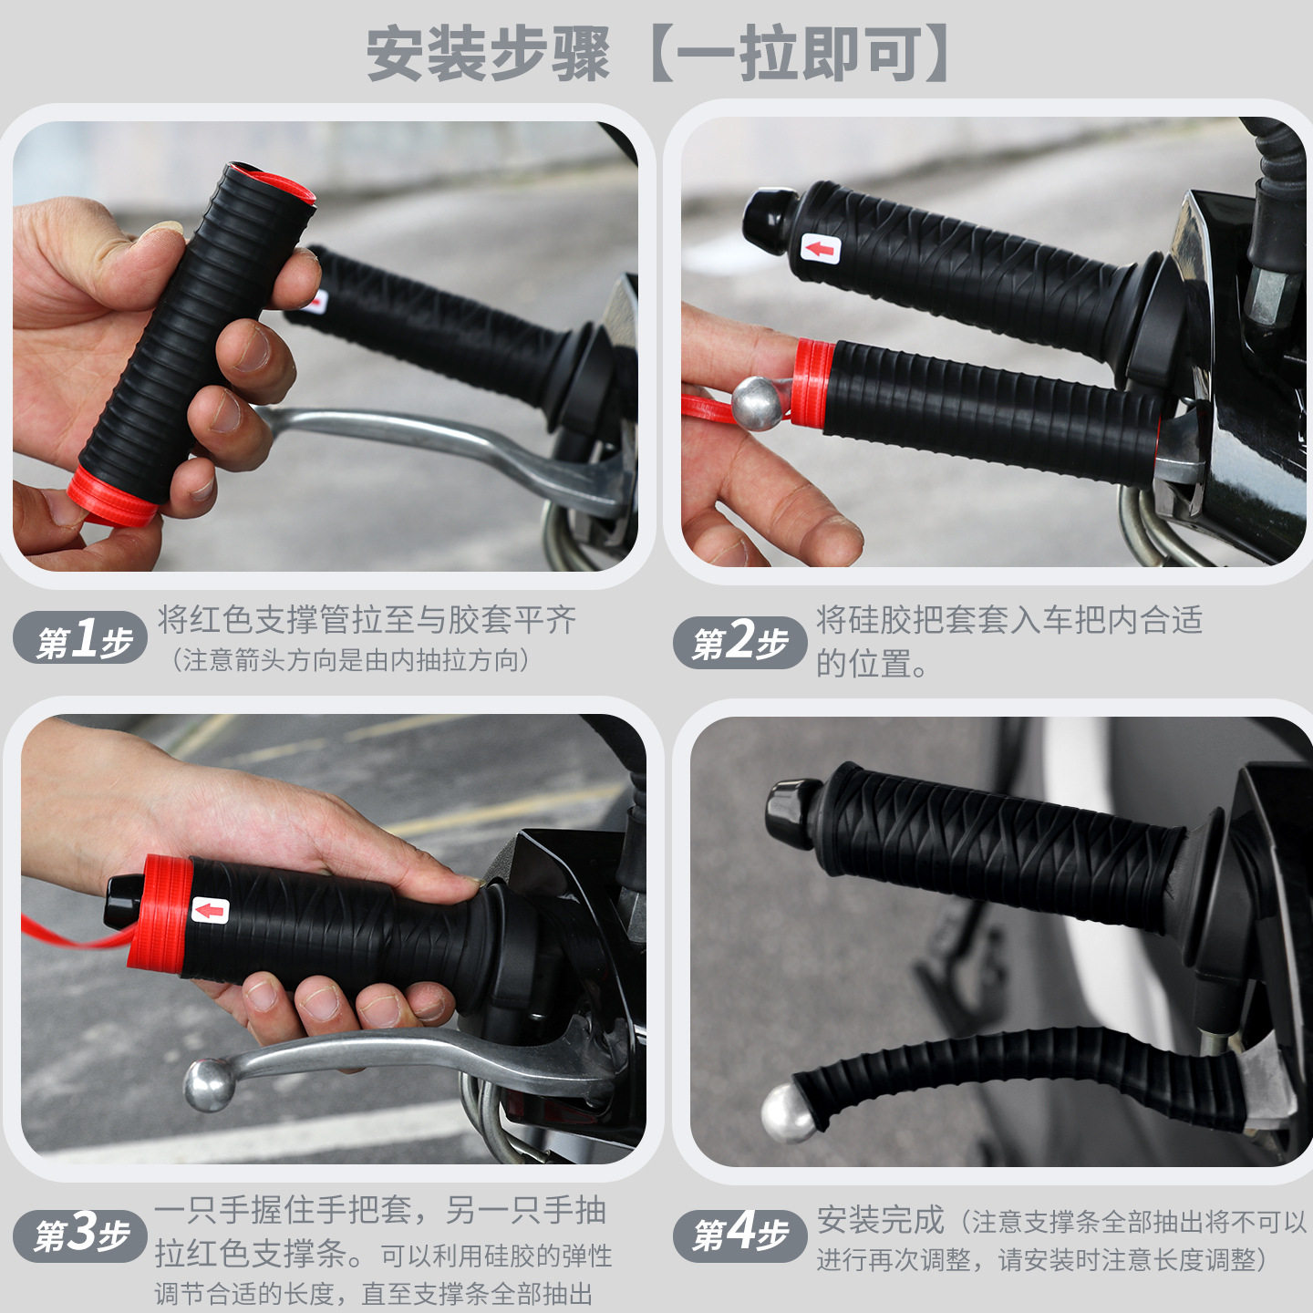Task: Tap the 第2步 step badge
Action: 739,642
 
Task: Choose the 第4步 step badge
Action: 739,1235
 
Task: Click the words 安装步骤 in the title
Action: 488,55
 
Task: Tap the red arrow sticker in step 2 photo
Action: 821,248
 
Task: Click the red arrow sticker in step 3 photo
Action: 211,910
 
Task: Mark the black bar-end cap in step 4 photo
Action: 793,812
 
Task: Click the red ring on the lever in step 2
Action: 812,383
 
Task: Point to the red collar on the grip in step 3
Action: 160,912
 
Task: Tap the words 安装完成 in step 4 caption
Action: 880,1220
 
